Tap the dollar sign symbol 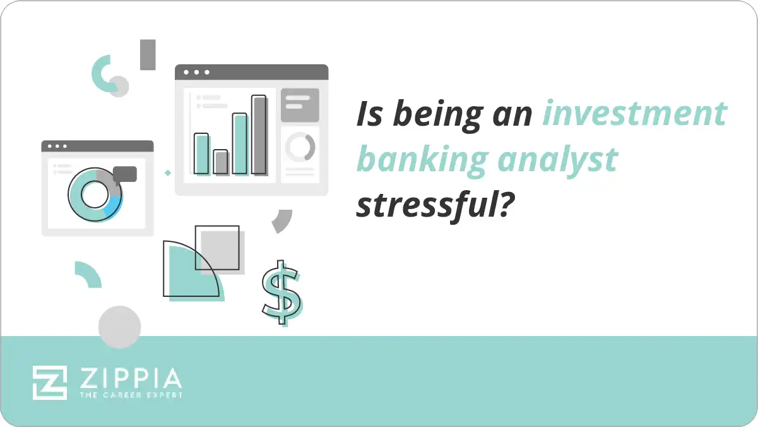coord(281,292)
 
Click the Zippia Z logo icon coord(50,382)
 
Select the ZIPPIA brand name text coord(130,378)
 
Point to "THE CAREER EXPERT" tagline coord(131,395)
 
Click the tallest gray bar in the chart coord(259,135)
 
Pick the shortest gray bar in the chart coord(220,162)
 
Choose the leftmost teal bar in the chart coord(201,153)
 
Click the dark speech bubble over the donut coord(125,174)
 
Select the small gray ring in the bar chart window coord(300,147)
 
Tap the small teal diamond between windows coord(168,172)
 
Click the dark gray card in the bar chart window coord(300,105)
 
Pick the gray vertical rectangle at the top coord(148,54)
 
